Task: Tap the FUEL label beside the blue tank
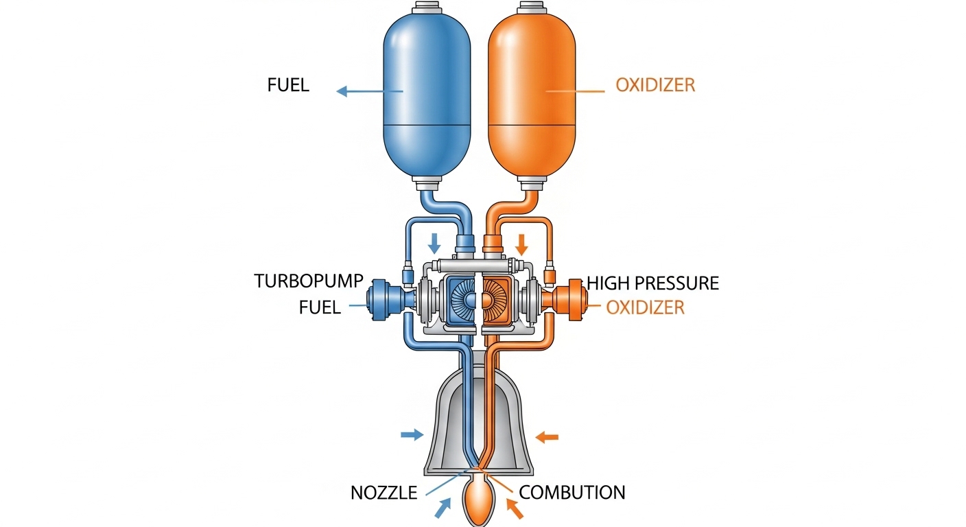[x=288, y=85]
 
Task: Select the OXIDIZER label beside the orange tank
[x=655, y=85]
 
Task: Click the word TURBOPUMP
[x=308, y=281]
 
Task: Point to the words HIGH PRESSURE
[x=652, y=283]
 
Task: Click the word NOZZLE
[x=384, y=493]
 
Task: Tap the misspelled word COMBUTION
[x=572, y=493]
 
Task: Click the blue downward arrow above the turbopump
[x=434, y=244]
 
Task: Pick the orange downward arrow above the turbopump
[x=522, y=244]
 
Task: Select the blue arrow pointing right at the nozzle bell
[x=412, y=434]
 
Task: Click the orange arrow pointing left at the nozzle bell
[x=547, y=437]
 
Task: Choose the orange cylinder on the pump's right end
[x=576, y=300]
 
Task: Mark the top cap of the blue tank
[x=427, y=8]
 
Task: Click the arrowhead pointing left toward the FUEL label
[x=342, y=91]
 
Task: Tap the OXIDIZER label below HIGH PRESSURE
[x=645, y=307]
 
